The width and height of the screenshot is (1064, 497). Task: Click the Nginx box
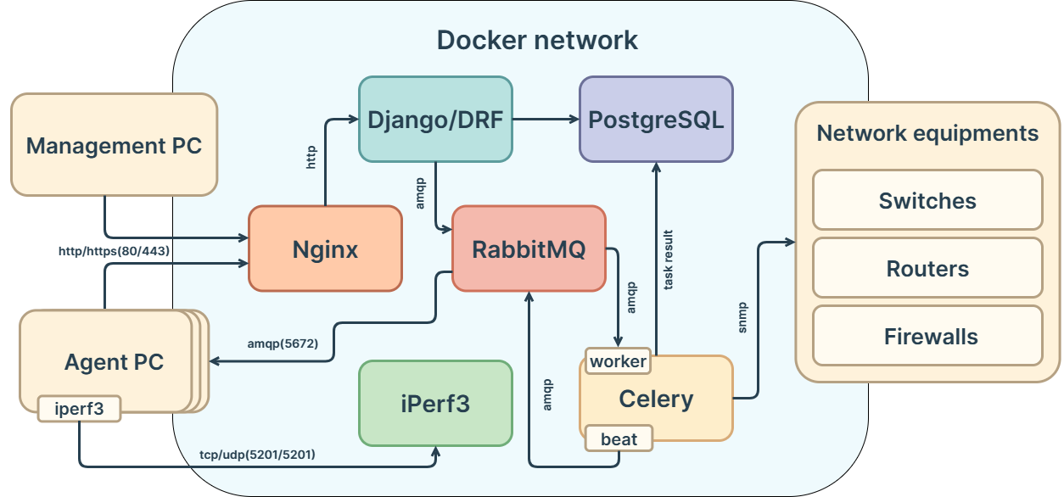point(325,248)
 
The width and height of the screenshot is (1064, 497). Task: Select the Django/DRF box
point(435,120)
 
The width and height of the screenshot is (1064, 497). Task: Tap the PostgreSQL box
point(656,120)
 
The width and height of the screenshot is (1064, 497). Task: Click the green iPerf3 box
point(435,404)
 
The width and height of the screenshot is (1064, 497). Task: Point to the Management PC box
point(114,145)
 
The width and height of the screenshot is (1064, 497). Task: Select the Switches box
point(927,200)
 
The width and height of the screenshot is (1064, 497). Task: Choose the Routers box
point(927,268)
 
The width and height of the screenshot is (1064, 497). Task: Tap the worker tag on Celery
point(618,361)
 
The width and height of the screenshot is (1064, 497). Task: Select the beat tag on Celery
point(619,438)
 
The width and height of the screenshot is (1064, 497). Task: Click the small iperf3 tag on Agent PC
point(79,408)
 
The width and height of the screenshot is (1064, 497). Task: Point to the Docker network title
point(537,40)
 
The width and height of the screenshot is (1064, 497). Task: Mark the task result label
point(669,260)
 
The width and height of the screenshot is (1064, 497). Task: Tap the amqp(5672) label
point(283,343)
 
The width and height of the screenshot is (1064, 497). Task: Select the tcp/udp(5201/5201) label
point(257,455)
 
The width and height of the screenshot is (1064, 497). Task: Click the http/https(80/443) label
point(115,251)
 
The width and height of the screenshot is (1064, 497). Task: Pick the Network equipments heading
point(927,133)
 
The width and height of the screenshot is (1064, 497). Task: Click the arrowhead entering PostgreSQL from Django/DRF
point(573,120)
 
